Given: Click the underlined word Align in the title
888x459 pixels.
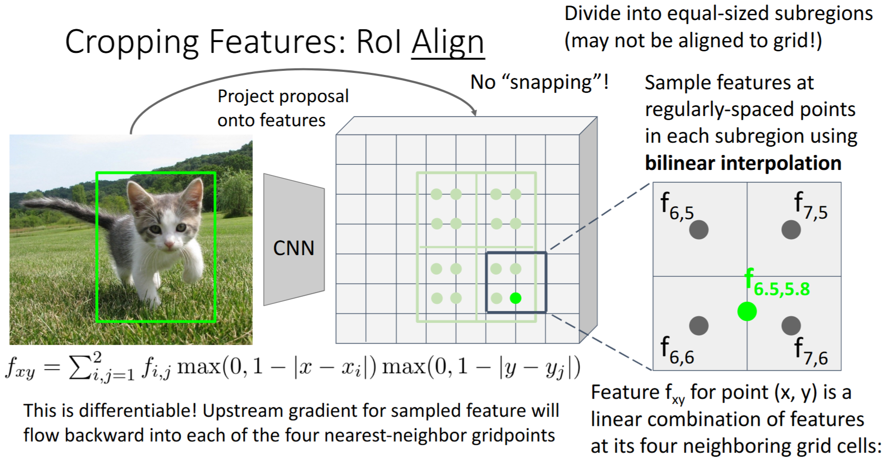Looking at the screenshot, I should point(448,42).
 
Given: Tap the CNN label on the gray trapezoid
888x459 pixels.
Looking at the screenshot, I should point(293,248).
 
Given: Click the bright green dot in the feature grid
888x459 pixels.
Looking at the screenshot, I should point(516,298).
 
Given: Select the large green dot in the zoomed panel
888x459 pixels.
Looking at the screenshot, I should point(747,311).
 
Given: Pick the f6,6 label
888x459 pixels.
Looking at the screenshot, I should point(677,350).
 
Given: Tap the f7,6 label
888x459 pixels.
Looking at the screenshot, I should point(811,351).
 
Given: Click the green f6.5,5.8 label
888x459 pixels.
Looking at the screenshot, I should point(777,283).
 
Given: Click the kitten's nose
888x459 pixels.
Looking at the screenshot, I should point(169,247).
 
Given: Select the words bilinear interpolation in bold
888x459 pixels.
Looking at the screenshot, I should point(743,163).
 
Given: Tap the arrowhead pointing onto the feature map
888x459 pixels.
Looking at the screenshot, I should point(474,112).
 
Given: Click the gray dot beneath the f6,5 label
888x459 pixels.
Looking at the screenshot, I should point(699,229).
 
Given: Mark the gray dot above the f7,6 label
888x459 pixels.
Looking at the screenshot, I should point(791,325).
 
